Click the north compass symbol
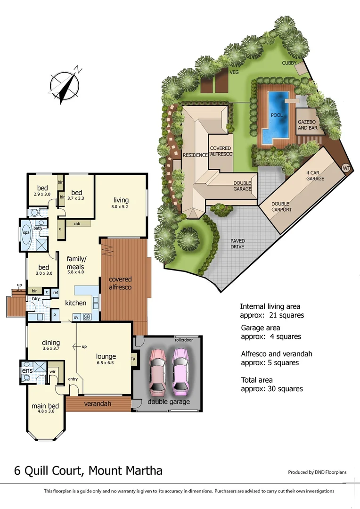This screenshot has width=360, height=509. (x=65, y=86)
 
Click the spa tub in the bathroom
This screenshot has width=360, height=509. (x=25, y=233)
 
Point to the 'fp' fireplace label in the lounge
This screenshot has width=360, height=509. (x=133, y=359)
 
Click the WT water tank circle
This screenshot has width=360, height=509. (x=346, y=168)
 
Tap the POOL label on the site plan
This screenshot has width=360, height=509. (x=277, y=115)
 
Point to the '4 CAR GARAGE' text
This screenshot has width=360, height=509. (x=315, y=175)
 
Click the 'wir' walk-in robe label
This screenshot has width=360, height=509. (x=53, y=371)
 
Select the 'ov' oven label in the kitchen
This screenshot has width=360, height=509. (x=76, y=317)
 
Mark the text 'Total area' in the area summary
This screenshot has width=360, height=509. (x=257, y=380)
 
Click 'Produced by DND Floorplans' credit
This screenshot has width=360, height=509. (x=320, y=472)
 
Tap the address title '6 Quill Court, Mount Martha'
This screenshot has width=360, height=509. (x=89, y=470)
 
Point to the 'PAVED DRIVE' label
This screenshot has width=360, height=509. (x=237, y=243)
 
